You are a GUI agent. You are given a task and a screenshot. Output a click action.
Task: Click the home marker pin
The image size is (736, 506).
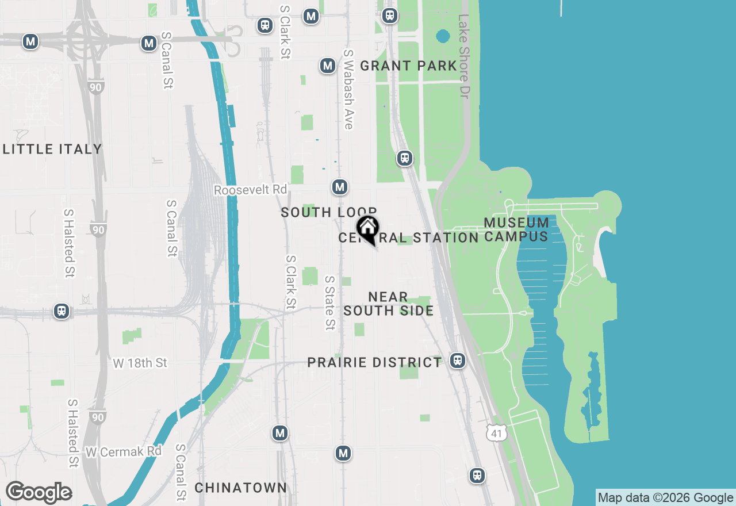(367, 229)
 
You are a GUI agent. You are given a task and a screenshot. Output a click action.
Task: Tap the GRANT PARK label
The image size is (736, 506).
(408, 66)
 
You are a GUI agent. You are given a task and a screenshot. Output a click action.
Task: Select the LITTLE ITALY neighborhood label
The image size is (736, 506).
(52, 149)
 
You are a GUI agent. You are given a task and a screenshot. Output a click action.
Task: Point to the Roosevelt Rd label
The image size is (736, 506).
(250, 190)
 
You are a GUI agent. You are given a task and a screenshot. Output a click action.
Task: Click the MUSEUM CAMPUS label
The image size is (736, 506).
(516, 229)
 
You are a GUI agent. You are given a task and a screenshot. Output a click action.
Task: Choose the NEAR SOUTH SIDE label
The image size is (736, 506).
(389, 304)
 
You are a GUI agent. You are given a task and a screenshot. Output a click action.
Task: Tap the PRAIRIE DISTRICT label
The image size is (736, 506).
(374, 363)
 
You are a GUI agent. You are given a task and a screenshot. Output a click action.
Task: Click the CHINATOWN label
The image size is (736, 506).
(240, 488)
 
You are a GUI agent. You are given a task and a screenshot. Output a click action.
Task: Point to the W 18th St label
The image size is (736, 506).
(140, 363)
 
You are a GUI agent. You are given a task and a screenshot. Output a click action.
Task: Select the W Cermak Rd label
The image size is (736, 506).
(124, 452)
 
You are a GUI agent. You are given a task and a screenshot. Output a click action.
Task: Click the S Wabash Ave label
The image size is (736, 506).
(348, 89)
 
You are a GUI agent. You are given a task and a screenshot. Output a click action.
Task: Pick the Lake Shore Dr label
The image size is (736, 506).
(464, 56)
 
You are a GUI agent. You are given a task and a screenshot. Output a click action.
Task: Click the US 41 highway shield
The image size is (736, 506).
(496, 433)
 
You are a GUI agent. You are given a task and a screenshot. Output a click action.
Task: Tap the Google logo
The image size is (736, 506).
(39, 493)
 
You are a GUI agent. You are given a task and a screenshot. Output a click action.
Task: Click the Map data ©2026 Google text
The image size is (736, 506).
(665, 498)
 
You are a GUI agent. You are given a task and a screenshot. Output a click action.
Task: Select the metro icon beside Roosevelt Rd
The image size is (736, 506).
(340, 187)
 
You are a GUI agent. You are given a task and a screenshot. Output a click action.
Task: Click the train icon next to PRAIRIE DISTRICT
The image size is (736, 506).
(457, 361)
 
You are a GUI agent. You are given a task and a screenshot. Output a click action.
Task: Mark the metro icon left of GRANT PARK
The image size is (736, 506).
(328, 66)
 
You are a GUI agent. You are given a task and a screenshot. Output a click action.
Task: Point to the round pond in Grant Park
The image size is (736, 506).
(443, 37)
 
